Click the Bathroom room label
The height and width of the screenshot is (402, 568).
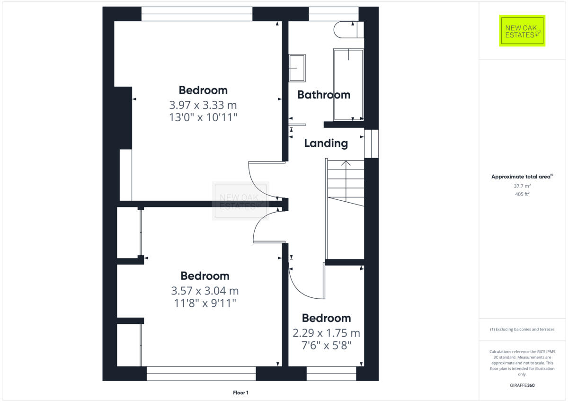coord(324,95)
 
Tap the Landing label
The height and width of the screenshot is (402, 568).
coord(326,143)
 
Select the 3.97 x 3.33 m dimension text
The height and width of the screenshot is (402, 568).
coord(203,105)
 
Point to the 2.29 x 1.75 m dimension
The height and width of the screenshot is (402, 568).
coord(326,333)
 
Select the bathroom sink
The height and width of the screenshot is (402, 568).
coord(297,68)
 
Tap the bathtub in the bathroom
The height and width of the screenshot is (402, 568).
coord(348,84)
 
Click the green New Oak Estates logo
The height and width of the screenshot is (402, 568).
coord(522,31)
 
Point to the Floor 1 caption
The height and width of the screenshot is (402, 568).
coord(240,393)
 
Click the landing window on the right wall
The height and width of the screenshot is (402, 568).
coord(371,143)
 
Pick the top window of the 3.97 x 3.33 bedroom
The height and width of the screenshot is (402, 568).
coord(196,14)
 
